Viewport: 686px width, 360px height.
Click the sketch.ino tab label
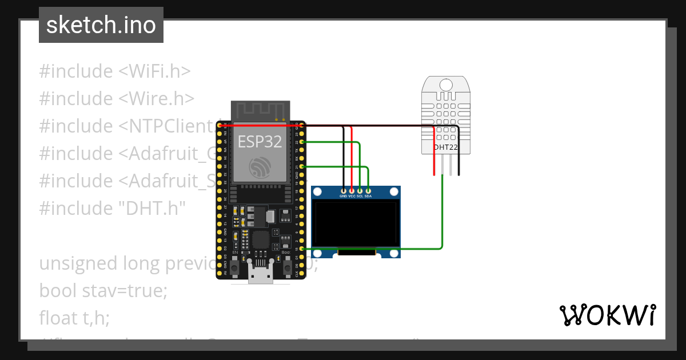pyautogui.click(x=101, y=25)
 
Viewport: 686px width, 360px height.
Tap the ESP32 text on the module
pyautogui.click(x=260, y=141)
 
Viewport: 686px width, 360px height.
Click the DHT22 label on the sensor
pyautogui.click(x=446, y=147)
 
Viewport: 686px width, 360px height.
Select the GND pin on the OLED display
pyautogui.click(x=344, y=190)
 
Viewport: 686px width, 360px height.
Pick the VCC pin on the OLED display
pyautogui.click(x=352, y=190)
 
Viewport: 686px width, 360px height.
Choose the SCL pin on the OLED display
pyautogui.click(x=360, y=190)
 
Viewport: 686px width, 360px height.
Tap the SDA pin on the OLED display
pyautogui.click(x=368, y=190)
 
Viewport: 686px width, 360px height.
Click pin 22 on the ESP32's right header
pyautogui.click(x=301, y=141)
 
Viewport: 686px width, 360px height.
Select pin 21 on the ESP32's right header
pyautogui.click(x=301, y=166)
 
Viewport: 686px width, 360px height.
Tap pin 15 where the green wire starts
pyautogui.click(x=301, y=249)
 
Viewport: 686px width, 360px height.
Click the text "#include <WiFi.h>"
pyautogui.click(x=114, y=71)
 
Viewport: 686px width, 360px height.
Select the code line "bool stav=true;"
pyautogui.click(x=103, y=290)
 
